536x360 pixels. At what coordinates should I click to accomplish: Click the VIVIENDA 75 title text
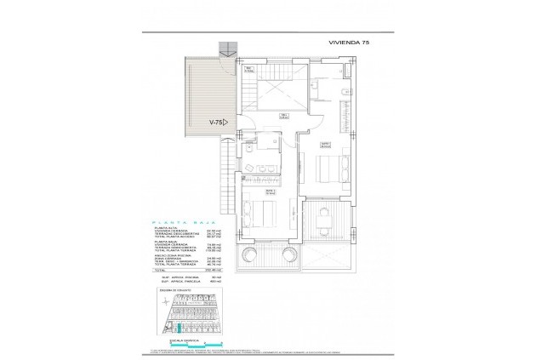pyautogui.click(x=348, y=42)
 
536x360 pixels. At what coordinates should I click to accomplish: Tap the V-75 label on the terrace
pyautogui.click(x=218, y=122)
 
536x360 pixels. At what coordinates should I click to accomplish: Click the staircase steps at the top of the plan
pyautogui.click(x=226, y=47)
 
